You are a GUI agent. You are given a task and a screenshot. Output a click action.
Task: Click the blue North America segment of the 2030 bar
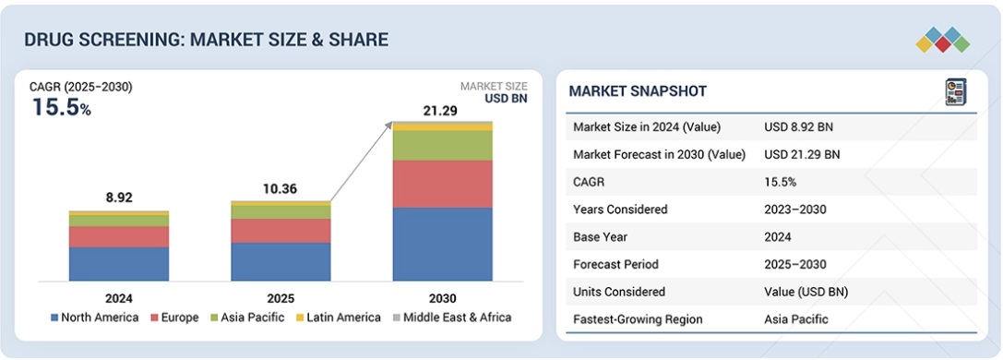coord(443,245)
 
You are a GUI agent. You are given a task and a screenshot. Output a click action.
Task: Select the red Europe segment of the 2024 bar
coord(119,236)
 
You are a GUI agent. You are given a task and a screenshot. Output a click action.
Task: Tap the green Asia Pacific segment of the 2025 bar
coord(281,212)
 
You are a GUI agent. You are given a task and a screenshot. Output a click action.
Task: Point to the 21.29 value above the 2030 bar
coord(440,112)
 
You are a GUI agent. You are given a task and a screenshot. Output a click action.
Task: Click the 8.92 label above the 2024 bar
coord(119,198)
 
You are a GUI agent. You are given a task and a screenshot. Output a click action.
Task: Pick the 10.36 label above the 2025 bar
coord(281,189)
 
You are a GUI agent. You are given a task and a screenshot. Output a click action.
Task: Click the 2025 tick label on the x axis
coord(281,298)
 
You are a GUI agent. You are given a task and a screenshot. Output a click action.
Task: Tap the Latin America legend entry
coord(339,318)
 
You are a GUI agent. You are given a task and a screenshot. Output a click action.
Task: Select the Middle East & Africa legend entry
coord(451,318)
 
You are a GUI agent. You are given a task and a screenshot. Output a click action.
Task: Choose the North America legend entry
coord(95,318)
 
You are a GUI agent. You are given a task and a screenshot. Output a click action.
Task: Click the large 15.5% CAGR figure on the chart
coord(62,107)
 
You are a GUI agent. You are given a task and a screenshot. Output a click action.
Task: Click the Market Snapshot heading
coord(638,91)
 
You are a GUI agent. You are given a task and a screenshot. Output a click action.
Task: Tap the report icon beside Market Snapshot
coord(956,92)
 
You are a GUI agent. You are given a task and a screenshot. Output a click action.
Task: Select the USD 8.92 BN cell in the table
coord(798,127)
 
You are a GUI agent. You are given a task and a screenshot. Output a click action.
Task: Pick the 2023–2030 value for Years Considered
coord(795,210)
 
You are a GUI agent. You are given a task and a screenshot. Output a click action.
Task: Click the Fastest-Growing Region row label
coord(638,319)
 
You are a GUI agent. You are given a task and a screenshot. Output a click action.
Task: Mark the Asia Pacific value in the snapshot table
coord(795,319)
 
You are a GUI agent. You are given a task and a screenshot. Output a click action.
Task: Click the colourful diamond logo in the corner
coord(943,40)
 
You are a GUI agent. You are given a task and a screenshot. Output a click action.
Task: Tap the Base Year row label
coord(600,236)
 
